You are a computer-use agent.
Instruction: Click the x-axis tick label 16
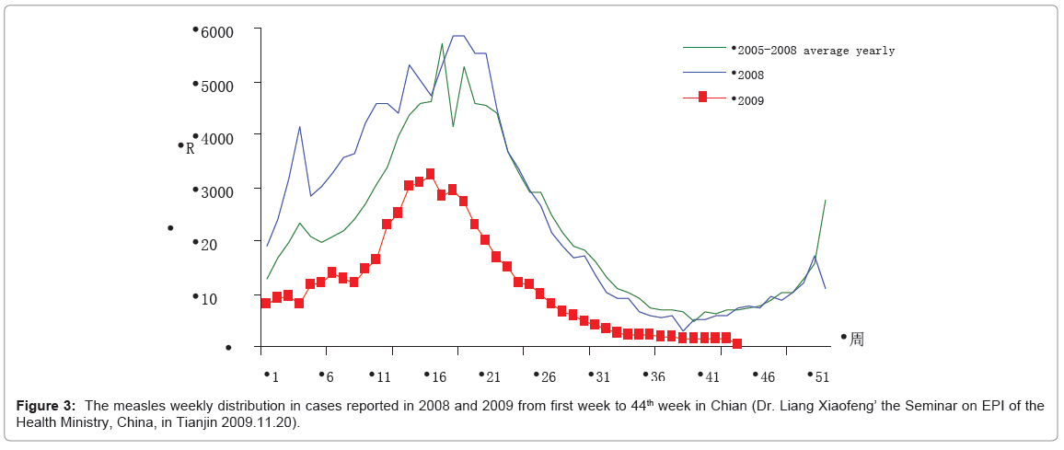439,376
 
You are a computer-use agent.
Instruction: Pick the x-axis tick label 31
603,376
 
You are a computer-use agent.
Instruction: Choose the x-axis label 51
822,376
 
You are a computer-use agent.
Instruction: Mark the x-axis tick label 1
274,376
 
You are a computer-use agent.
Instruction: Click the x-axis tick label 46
768,376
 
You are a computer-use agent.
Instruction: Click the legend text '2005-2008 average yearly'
815,51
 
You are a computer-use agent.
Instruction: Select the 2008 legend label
751,75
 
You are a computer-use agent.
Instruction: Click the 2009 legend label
751,99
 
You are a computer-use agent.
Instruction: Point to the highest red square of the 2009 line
430,174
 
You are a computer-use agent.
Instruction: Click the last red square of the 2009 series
737,343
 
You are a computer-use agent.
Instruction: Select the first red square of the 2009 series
266,303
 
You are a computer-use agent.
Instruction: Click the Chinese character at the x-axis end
857,340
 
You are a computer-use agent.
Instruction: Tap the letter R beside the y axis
191,148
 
